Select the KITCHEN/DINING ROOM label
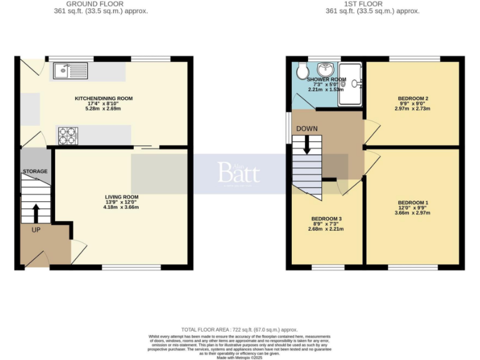click(x=104, y=98)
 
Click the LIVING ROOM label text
click(x=121, y=197)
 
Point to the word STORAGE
click(x=35, y=171)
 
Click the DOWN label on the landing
click(x=306, y=129)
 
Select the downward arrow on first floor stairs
click(x=306, y=145)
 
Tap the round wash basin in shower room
click(x=326, y=69)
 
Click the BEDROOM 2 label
click(x=412, y=99)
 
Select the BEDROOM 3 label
click(x=326, y=219)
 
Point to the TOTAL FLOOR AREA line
click(x=239, y=329)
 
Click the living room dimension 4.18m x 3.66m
click(x=121, y=207)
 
